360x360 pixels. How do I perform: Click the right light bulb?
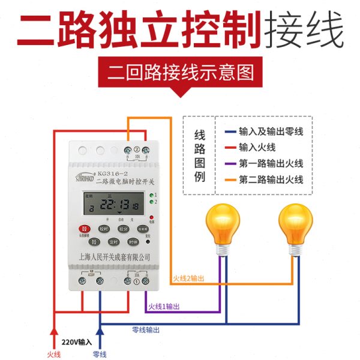pos(296,225)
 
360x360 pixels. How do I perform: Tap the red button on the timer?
pos(85,229)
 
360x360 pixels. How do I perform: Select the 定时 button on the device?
pos(114,242)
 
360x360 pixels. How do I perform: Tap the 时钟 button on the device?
pos(133,242)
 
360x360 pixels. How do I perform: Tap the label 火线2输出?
pos(191,278)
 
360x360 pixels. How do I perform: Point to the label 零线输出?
pos(146,330)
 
